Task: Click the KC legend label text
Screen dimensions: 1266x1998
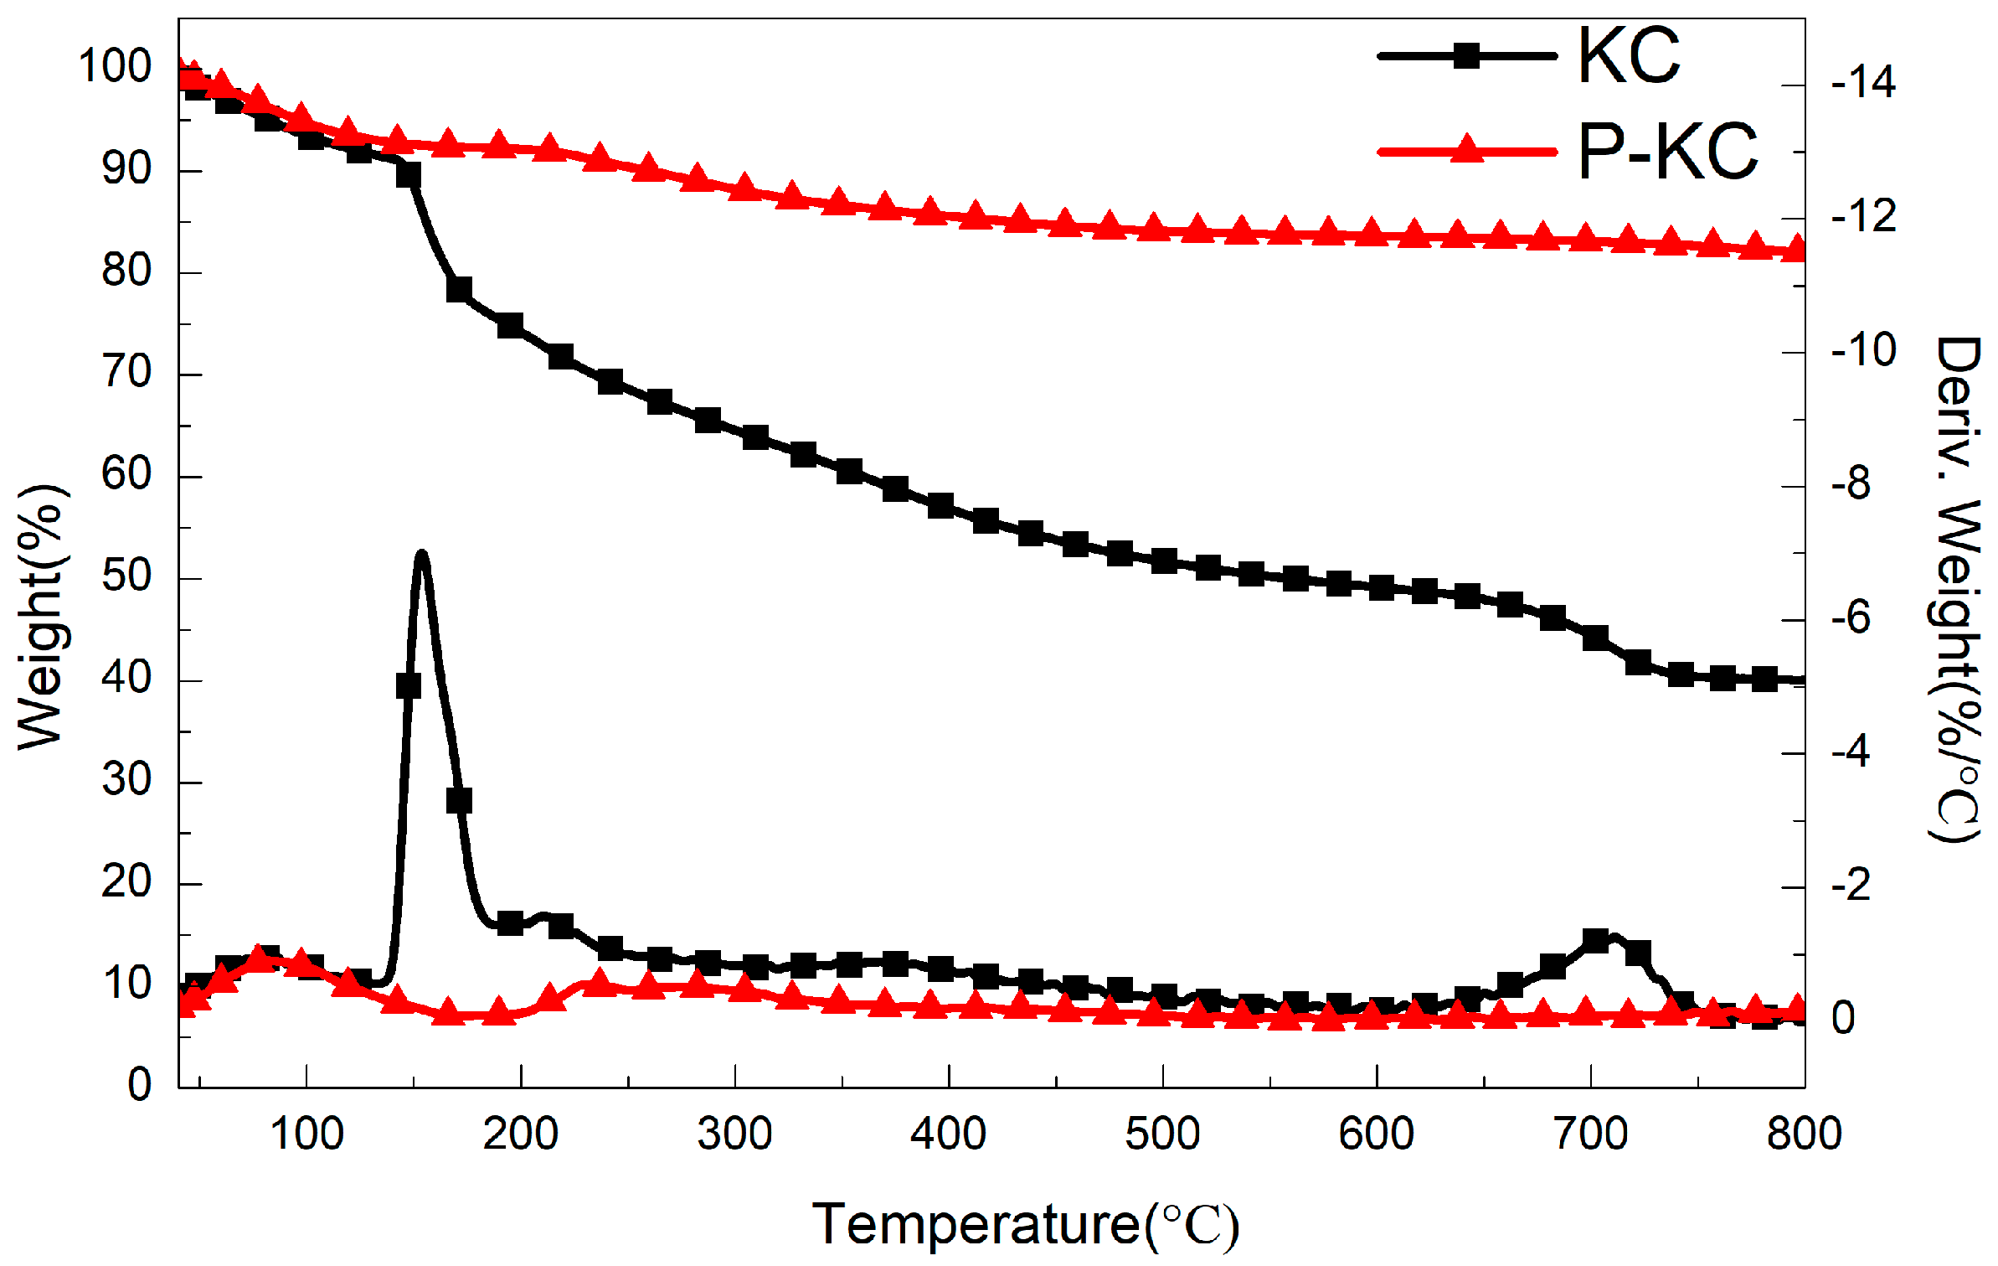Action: click(1629, 56)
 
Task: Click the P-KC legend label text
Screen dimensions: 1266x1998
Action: click(1667, 152)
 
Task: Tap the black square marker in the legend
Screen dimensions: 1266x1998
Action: click(1466, 56)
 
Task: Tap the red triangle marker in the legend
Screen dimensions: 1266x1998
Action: click(1466, 150)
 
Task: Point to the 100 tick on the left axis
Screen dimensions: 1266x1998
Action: click(115, 66)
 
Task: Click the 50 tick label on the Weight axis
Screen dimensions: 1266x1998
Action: click(126, 576)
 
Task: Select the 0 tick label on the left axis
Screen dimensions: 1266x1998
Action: click(139, 1085)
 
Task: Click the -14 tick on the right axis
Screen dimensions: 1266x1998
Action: click(1863, 83)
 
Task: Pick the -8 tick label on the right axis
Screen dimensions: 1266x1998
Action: click(1851, 484)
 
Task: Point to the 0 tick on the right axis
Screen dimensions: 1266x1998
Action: click(1843, 1018)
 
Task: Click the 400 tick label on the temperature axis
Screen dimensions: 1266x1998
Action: click(948, 1134)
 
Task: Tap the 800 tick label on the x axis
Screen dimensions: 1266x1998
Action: click(1804, 1134)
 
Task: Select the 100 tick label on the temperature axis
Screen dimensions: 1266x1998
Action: click(306, 1134)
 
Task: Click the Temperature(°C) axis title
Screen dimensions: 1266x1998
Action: click(1025, 1224)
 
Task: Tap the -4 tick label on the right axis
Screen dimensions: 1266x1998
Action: click(1851, 752)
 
